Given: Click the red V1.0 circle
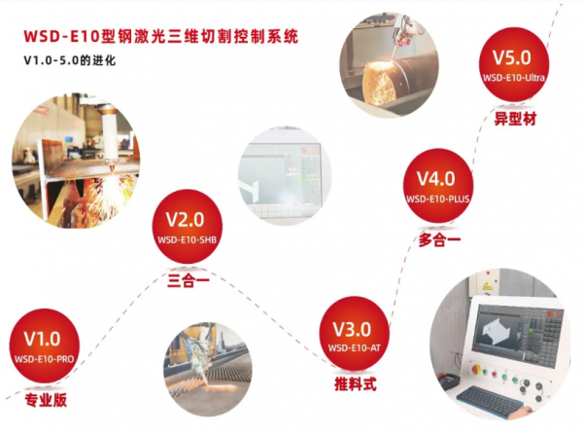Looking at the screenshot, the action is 45,345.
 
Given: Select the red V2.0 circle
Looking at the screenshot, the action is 187,226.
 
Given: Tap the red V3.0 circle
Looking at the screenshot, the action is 355,333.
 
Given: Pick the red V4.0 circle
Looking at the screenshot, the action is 438,186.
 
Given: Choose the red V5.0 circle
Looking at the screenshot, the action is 514,64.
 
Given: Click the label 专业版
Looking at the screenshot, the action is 46,400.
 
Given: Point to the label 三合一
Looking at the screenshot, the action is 189,280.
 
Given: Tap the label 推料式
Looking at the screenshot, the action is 356,383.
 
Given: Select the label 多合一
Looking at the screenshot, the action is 439,239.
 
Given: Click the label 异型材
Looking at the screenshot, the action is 515,119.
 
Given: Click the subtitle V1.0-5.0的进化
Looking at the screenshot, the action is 70,60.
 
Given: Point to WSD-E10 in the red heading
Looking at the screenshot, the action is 62,36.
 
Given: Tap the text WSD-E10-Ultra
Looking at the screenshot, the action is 514,78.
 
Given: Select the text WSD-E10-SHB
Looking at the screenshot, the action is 187,239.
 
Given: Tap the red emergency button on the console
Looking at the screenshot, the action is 475,370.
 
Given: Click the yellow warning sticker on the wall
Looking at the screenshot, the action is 487,286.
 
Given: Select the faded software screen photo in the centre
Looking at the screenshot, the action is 285,175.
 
